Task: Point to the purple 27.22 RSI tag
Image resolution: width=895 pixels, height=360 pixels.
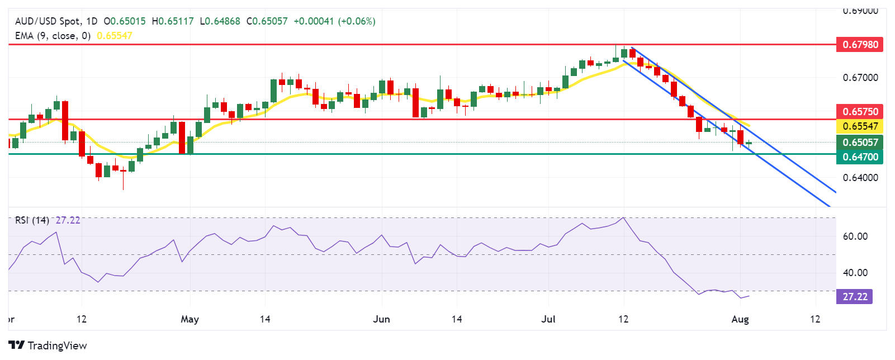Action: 854,296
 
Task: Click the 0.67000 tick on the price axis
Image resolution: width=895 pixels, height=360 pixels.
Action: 860,78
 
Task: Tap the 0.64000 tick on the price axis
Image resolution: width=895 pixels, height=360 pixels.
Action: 860,178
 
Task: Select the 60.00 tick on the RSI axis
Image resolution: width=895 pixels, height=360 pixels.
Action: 855,236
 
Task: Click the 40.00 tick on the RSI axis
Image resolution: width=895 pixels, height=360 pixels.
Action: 855,273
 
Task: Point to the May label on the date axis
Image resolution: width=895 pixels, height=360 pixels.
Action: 190,319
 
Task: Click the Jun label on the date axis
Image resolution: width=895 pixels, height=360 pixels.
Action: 381,319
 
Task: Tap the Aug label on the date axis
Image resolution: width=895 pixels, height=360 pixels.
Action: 740,319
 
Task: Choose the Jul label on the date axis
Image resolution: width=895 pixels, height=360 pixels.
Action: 548,319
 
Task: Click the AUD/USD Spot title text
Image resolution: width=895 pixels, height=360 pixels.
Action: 48,21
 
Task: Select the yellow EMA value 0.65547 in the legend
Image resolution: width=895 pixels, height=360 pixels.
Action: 115,36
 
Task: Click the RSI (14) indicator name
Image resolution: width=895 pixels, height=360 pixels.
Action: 32,220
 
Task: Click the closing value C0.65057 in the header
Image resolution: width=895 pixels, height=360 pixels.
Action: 267,21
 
